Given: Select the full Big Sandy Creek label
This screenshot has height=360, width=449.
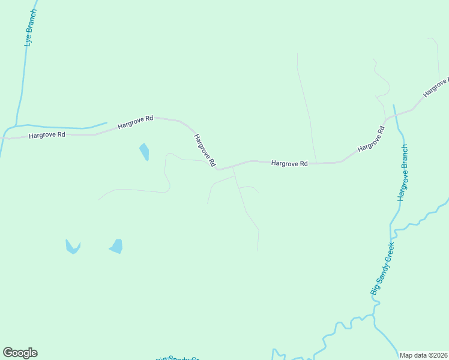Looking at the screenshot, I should point(382,268).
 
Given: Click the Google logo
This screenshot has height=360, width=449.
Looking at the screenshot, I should point(20,352).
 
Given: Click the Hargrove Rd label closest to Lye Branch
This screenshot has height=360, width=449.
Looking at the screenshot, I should point(47,135).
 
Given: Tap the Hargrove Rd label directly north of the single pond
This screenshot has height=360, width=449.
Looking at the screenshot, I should point(136,122).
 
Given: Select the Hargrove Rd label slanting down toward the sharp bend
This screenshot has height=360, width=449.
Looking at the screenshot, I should point(204,150).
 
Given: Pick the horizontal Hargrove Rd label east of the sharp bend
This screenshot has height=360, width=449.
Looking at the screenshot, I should point(289,163).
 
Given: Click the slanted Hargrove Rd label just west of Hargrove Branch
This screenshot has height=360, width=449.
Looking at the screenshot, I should point(370,140).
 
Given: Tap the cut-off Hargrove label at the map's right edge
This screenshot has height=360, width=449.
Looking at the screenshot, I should point(436,88).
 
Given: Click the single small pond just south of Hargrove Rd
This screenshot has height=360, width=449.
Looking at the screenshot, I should point(144,151).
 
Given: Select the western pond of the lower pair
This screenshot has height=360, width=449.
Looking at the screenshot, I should point(73,247).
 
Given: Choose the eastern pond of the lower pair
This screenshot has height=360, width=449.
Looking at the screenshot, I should point(116,246).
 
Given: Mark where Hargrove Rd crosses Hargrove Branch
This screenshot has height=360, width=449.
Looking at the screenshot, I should point(395,115).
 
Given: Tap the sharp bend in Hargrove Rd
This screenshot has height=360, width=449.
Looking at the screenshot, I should point(218,169).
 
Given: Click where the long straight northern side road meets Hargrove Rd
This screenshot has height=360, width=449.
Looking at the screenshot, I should point(316,163).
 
